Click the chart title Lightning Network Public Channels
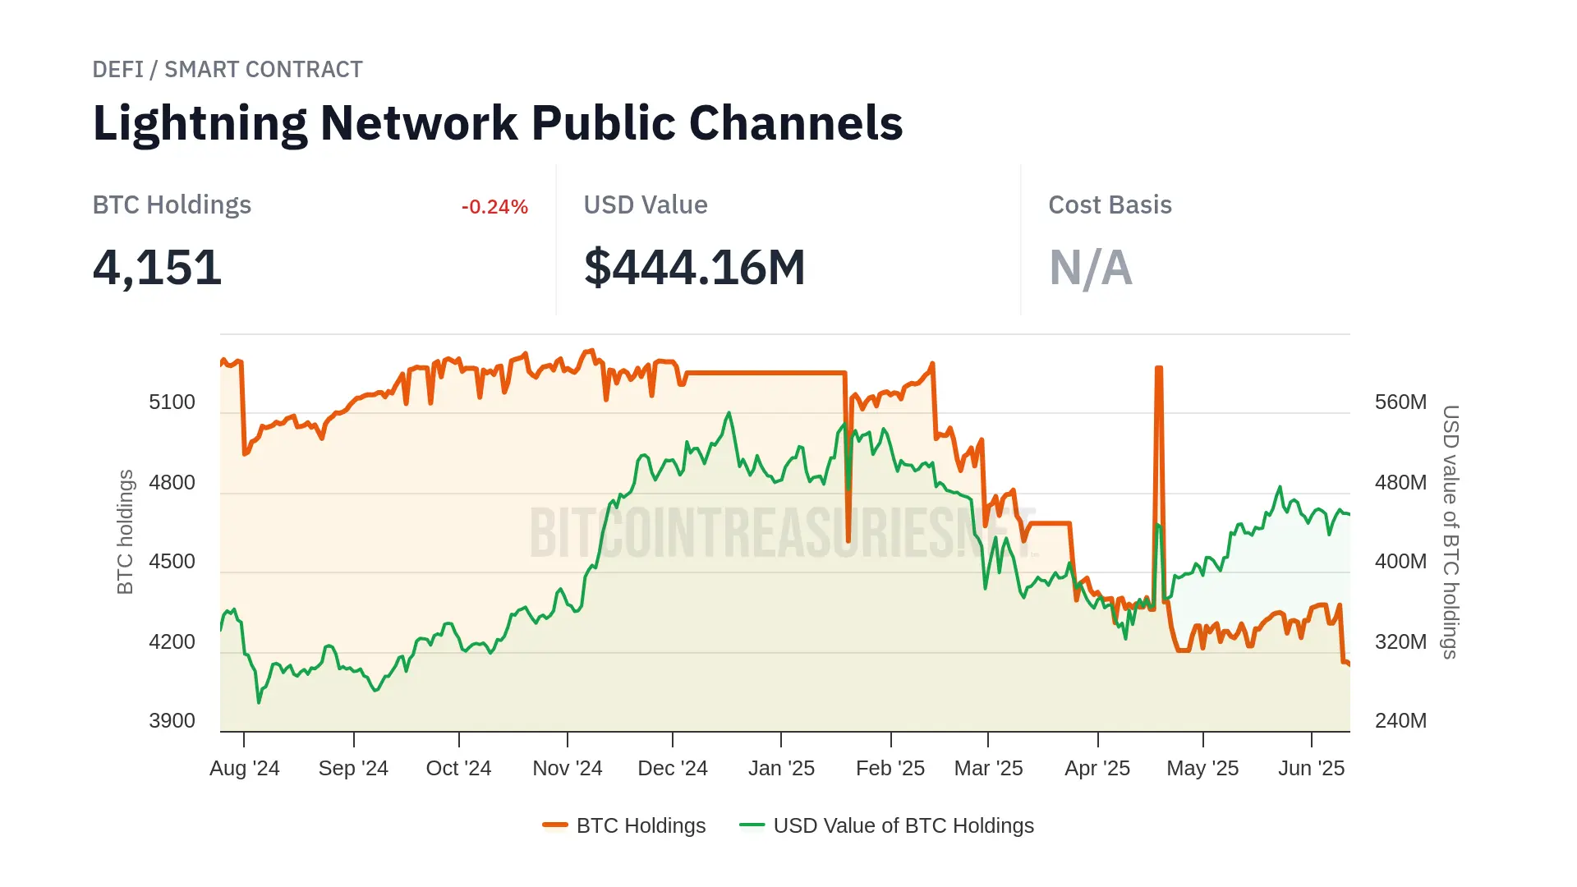click(x=498, y=123)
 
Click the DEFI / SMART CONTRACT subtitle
click(x=228, y=70)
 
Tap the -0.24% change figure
click(x=494, y=207)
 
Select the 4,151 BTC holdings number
click(x=157, y=268)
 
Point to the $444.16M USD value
click(x=694, y=268)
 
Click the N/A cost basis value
click(x=1090, y=268)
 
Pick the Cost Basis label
click(x=1110, y=205)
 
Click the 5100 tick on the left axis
click(x=172, y=402)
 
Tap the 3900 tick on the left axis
click(x=172, y=721)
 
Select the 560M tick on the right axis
click(x=1400, y=402)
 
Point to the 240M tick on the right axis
click(x=1400, y=721)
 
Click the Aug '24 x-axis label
click(x=245, y=769)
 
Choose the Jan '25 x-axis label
click(x=781, y=769)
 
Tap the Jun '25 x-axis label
click(x=1311, y=769)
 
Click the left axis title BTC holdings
click(x=125, y=532)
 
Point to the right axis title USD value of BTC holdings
click(x=1451, y=532)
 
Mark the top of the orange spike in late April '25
click(x=1158, y=369)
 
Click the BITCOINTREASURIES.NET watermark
click(x=780, y=532)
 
